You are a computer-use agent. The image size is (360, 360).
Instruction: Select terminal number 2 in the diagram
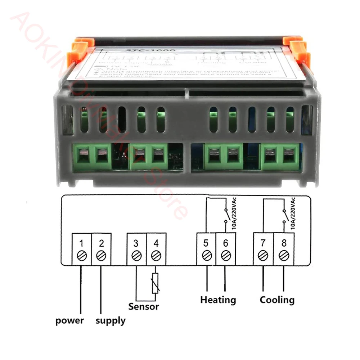(101, 243)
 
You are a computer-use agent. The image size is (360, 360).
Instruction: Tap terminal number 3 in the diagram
(136, 243)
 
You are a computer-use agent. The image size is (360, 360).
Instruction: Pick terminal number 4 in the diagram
(156, 243)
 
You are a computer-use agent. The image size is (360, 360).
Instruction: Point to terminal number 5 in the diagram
(206, 243)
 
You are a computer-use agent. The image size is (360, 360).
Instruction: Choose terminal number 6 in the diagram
(226, 243)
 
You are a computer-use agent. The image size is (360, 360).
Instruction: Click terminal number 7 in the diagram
(263, 243)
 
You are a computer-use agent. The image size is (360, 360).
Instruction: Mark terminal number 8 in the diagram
(283, 243)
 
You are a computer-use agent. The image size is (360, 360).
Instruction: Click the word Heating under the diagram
(218, 299)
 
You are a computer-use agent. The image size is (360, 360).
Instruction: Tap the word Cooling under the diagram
(277, 299)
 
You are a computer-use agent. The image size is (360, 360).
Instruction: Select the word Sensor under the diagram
(144, 307)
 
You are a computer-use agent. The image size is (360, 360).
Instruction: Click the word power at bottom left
(69, 320)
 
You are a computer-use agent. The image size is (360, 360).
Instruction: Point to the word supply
(111, 320)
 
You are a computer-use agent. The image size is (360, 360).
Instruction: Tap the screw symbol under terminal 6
(226, 255)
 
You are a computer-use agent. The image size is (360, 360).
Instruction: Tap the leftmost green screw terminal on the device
(84, 156)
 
